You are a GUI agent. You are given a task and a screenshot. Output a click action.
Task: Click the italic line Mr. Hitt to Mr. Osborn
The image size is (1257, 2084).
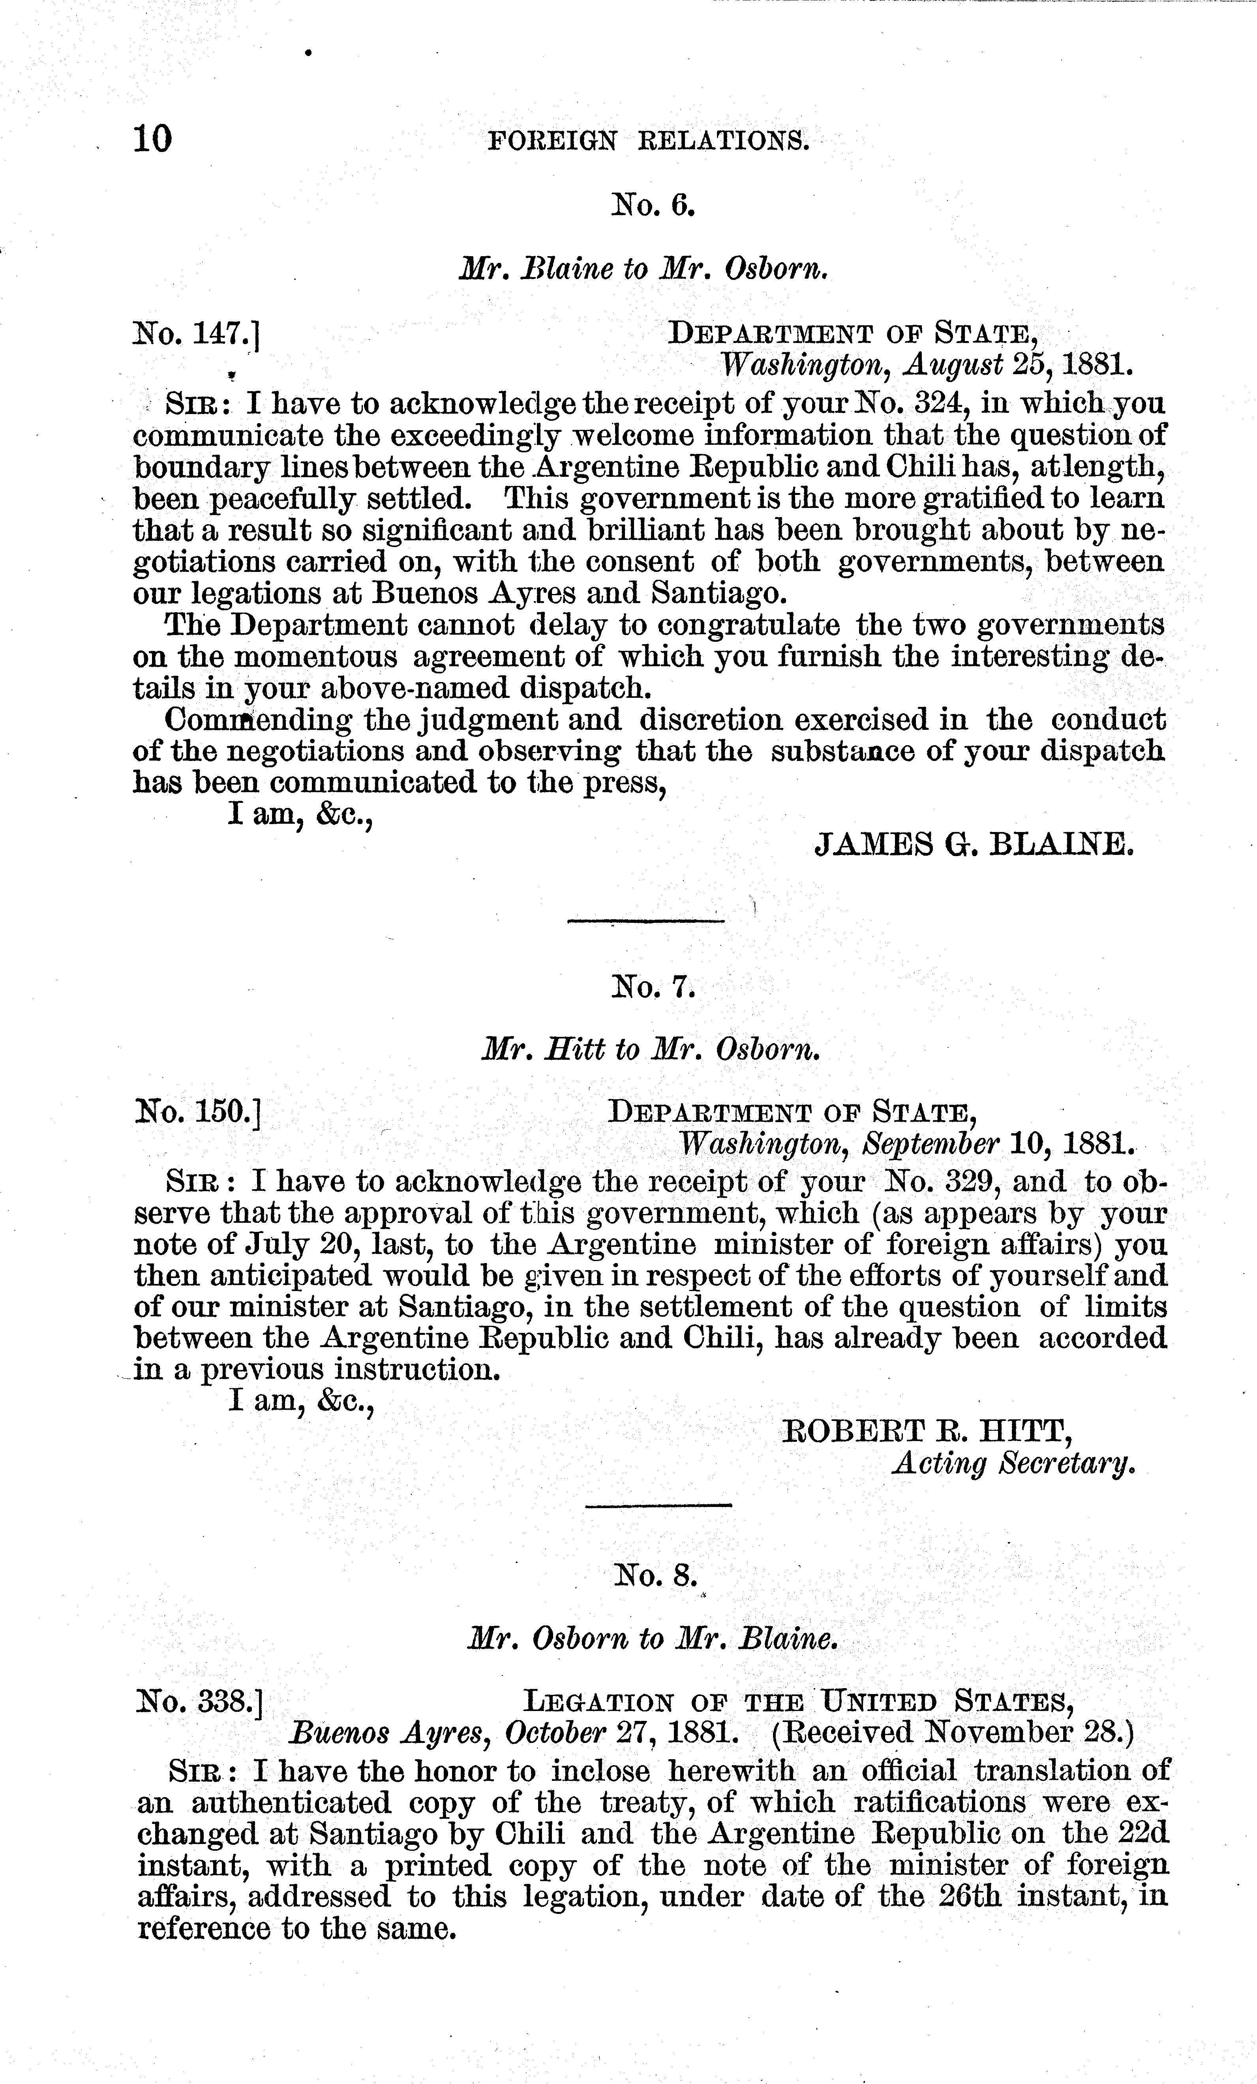click(651, 1049)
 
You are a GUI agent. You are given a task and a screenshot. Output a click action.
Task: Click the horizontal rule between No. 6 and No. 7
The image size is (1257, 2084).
click(645, 921)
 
